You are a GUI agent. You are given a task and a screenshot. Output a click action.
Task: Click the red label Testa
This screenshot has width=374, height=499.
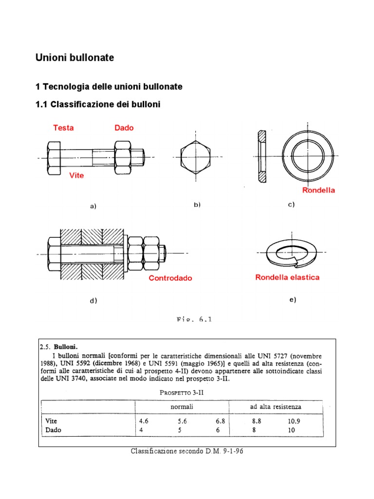pos(63,128)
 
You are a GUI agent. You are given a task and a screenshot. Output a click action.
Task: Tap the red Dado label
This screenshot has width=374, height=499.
pos(124,128)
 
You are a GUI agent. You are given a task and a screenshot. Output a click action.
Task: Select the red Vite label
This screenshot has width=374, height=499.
pos(76,175)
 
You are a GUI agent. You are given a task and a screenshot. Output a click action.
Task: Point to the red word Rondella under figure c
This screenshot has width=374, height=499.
pos(318,190)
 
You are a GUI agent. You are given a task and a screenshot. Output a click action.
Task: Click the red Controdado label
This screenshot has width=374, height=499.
pos(170,278)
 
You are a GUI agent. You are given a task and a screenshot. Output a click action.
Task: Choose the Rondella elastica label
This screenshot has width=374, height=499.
pos(287,277)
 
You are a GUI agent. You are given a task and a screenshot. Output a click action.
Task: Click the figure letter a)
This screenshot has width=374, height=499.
pos(93,206)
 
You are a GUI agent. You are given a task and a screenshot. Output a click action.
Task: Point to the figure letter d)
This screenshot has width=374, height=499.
pos(93,301)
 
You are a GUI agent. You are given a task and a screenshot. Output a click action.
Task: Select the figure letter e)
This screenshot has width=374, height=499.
pos(292,300)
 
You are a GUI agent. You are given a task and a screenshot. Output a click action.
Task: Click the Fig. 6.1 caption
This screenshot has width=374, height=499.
pos(194,320)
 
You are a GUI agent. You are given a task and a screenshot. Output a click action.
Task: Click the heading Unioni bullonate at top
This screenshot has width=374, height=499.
pos(75,58)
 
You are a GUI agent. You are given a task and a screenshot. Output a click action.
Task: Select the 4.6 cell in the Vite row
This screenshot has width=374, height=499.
pos(144,421)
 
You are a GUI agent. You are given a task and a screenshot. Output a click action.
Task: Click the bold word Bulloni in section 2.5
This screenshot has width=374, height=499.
pos(66,347)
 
